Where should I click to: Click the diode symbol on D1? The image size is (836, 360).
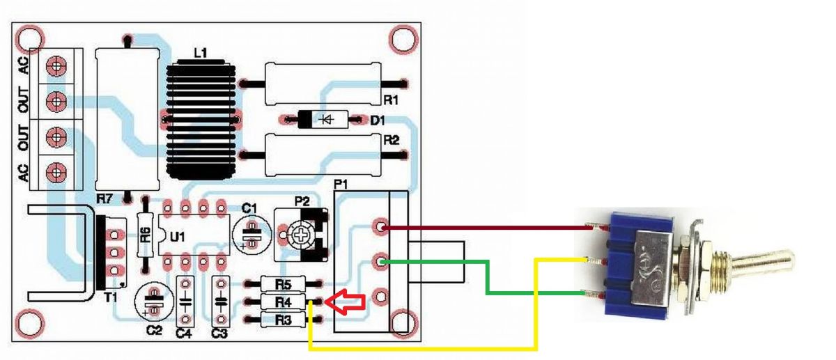point(327,119)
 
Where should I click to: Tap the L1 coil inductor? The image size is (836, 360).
point(201,120)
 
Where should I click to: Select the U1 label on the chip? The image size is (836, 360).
point(177,237)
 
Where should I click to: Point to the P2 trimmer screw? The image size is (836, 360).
point(300,235)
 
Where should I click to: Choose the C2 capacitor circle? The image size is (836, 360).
point(154,301)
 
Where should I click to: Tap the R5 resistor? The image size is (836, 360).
point(283,284)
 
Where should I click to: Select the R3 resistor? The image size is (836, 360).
point(283,320)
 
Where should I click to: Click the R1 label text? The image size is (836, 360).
point(391,100)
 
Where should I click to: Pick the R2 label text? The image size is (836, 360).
point(391,140)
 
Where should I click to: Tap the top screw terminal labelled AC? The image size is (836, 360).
point(56,66)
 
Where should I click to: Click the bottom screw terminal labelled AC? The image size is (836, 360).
point(56,172)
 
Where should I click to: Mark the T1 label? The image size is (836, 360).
point(111,297)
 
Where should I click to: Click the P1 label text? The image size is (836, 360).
point(341,185)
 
